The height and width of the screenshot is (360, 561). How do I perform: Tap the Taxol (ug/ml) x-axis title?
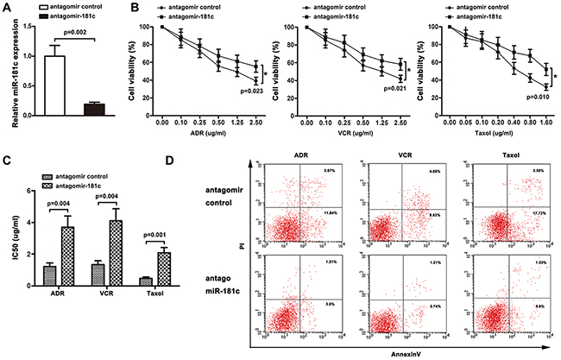(x=488, y=138)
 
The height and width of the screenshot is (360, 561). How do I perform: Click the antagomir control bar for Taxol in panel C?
(x=144, y=256)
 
